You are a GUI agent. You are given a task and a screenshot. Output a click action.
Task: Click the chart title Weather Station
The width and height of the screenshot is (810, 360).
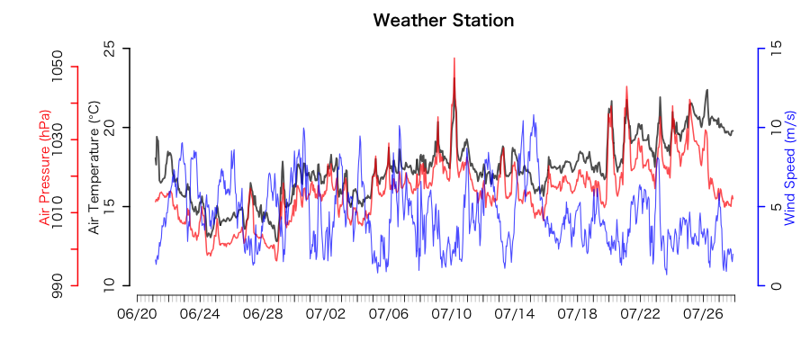pyautogui.click(x=443, y=20)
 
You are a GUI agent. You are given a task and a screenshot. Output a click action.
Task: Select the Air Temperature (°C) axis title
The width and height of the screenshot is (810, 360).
pyautogui.click(x=94, y=168)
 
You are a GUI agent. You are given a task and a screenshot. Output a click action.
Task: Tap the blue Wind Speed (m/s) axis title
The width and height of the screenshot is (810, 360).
pyautogui.click(x=790, y=168)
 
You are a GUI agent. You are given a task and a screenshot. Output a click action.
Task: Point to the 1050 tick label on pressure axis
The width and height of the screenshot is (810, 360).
pyautogui.click(x=58, y=67)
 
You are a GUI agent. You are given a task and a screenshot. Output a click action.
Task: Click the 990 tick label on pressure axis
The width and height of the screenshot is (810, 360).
pyautogui.click(x=58, y=285)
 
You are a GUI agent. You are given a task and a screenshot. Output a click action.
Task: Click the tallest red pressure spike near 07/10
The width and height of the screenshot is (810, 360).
pyautogui.click(x=454, y=59)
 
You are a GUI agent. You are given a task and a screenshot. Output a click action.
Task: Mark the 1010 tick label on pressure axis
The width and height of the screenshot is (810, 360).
pyautogui.click(x=58, y=212)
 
